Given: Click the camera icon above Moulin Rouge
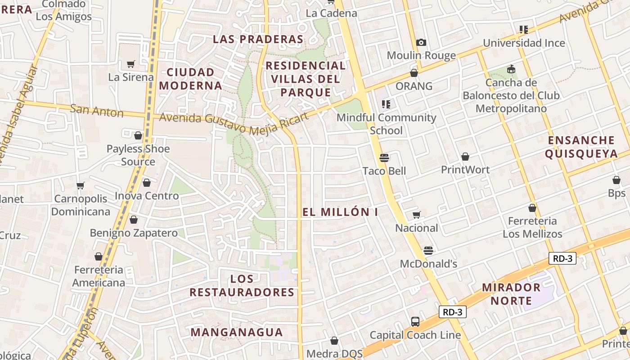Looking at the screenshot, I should [x=421, y=43].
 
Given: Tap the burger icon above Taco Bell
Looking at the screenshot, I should [x=384, y=158].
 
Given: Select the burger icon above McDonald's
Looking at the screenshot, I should [x=428, y=251].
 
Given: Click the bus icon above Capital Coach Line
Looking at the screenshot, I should [x=415, y=322].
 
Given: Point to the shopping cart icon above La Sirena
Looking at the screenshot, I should [x=131, y=64].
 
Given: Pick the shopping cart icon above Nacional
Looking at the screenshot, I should [x=417, y=215].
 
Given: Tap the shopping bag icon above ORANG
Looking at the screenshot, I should [x=414, y=73].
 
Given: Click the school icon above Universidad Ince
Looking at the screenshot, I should [x=523, y=30].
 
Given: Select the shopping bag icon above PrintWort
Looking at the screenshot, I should [x=465, y=157].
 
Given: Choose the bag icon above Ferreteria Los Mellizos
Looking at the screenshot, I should [x=532, y=208].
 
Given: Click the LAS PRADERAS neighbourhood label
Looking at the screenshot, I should [x=258, y=39].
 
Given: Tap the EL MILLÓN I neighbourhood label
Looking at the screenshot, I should [x=340, y=212].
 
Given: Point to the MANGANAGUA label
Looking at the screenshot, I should [x=237, y=333].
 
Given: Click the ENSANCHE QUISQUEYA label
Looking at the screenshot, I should [x=581, y=147].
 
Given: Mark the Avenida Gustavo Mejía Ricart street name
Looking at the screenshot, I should [x=234, y=121].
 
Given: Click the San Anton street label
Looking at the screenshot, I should [x=97, y=110].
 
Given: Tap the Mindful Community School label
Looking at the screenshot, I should [x=387, y=124].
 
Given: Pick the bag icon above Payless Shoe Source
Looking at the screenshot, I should [x=138, y=135].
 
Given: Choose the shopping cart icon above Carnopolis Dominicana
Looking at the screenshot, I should [x=81, y=186].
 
